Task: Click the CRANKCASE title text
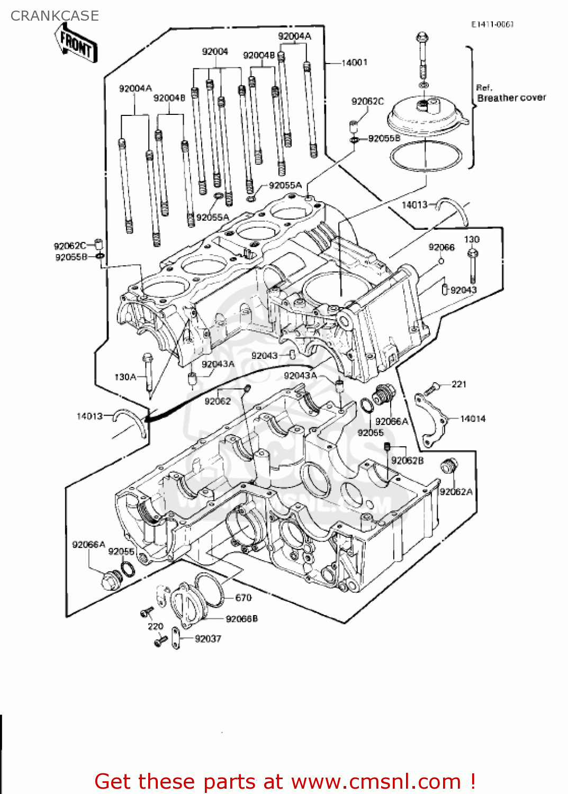coord(55,16)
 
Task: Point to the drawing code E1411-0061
coord(492,24)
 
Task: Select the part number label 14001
coord(354,62)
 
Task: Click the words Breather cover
coord(511,98)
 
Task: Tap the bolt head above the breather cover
coord(422,38)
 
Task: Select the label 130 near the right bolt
coord(472,239)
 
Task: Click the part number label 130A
coord(125,377)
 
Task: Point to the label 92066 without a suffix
coord(441,247)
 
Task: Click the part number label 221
coord(459,384)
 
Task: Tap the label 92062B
coord(407,461)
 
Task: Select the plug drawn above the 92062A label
coord(449,467)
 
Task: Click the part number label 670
coord(243,598)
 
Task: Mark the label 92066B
coord(241,619)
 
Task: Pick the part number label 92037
coord(208,639)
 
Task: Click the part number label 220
coord(155,626)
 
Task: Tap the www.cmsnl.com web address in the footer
coord(376,781)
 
